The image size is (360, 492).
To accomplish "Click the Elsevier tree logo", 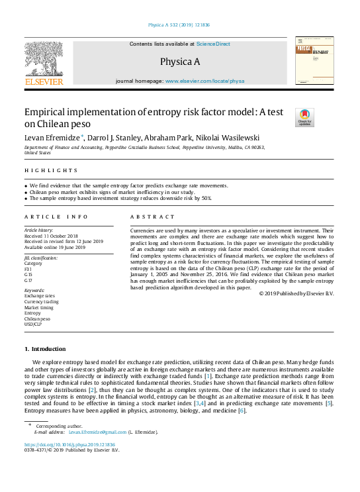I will [44, 60].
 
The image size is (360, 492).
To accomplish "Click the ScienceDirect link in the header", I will [213, 44].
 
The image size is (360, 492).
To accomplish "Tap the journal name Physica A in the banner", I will [180, 62].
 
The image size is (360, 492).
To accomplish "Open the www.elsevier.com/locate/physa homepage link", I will [204, 81].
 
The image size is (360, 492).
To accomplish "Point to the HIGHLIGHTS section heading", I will [45, 172].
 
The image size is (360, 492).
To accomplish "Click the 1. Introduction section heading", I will [45, 349].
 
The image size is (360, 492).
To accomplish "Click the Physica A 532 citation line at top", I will [180, 26].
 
